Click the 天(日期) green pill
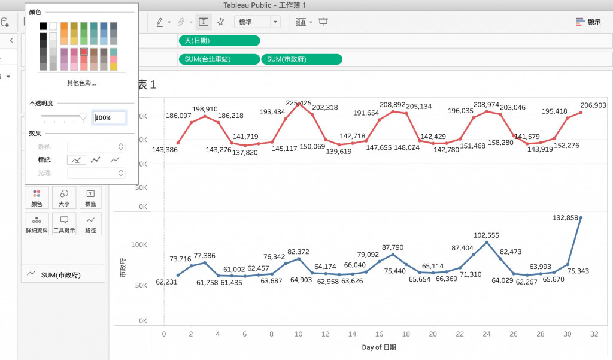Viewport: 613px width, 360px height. pyautogui.click(x=219, y=41)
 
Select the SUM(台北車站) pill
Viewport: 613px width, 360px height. pyautogui.click(x=219, y=59)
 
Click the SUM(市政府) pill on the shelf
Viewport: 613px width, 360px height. pyautogui.click(x=301, y=59)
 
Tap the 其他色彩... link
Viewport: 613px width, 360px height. pyautogui.click(x=81, y=83)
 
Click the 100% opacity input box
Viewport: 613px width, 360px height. pyautogui.click(x=109, y=117)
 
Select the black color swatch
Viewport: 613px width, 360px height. pyautogui.click(x=43, y=26)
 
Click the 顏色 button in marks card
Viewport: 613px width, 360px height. pyautogui.click(x=36, y=197)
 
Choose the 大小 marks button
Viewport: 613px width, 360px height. pyautogui.click(x=63, y=197)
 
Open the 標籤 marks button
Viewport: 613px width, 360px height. pyautogui.click(x=90, y=197)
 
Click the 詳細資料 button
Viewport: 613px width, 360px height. pyautogui.click(x=36, y=223)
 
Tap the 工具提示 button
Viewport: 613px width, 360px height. pyautogui.click(x=63, y=223)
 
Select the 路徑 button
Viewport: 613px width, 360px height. pyautogui.click(x=90, y=223)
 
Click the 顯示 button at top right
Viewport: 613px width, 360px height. pyautogui.click(x=588, y=22)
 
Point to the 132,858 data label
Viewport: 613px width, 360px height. pyautogui.click(x=564, y=218)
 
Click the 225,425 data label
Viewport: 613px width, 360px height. pyautogui.click(x=299, y=103)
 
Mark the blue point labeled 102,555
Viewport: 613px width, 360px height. pyautogui.click(x=487, y=243)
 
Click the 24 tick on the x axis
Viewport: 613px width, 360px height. pyautogui.click(x=486, y=334)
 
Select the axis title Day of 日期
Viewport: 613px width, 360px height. pyautogui.click(x=378, y=347)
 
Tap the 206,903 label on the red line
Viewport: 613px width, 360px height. pyautogui.click(x=593, y=105)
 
